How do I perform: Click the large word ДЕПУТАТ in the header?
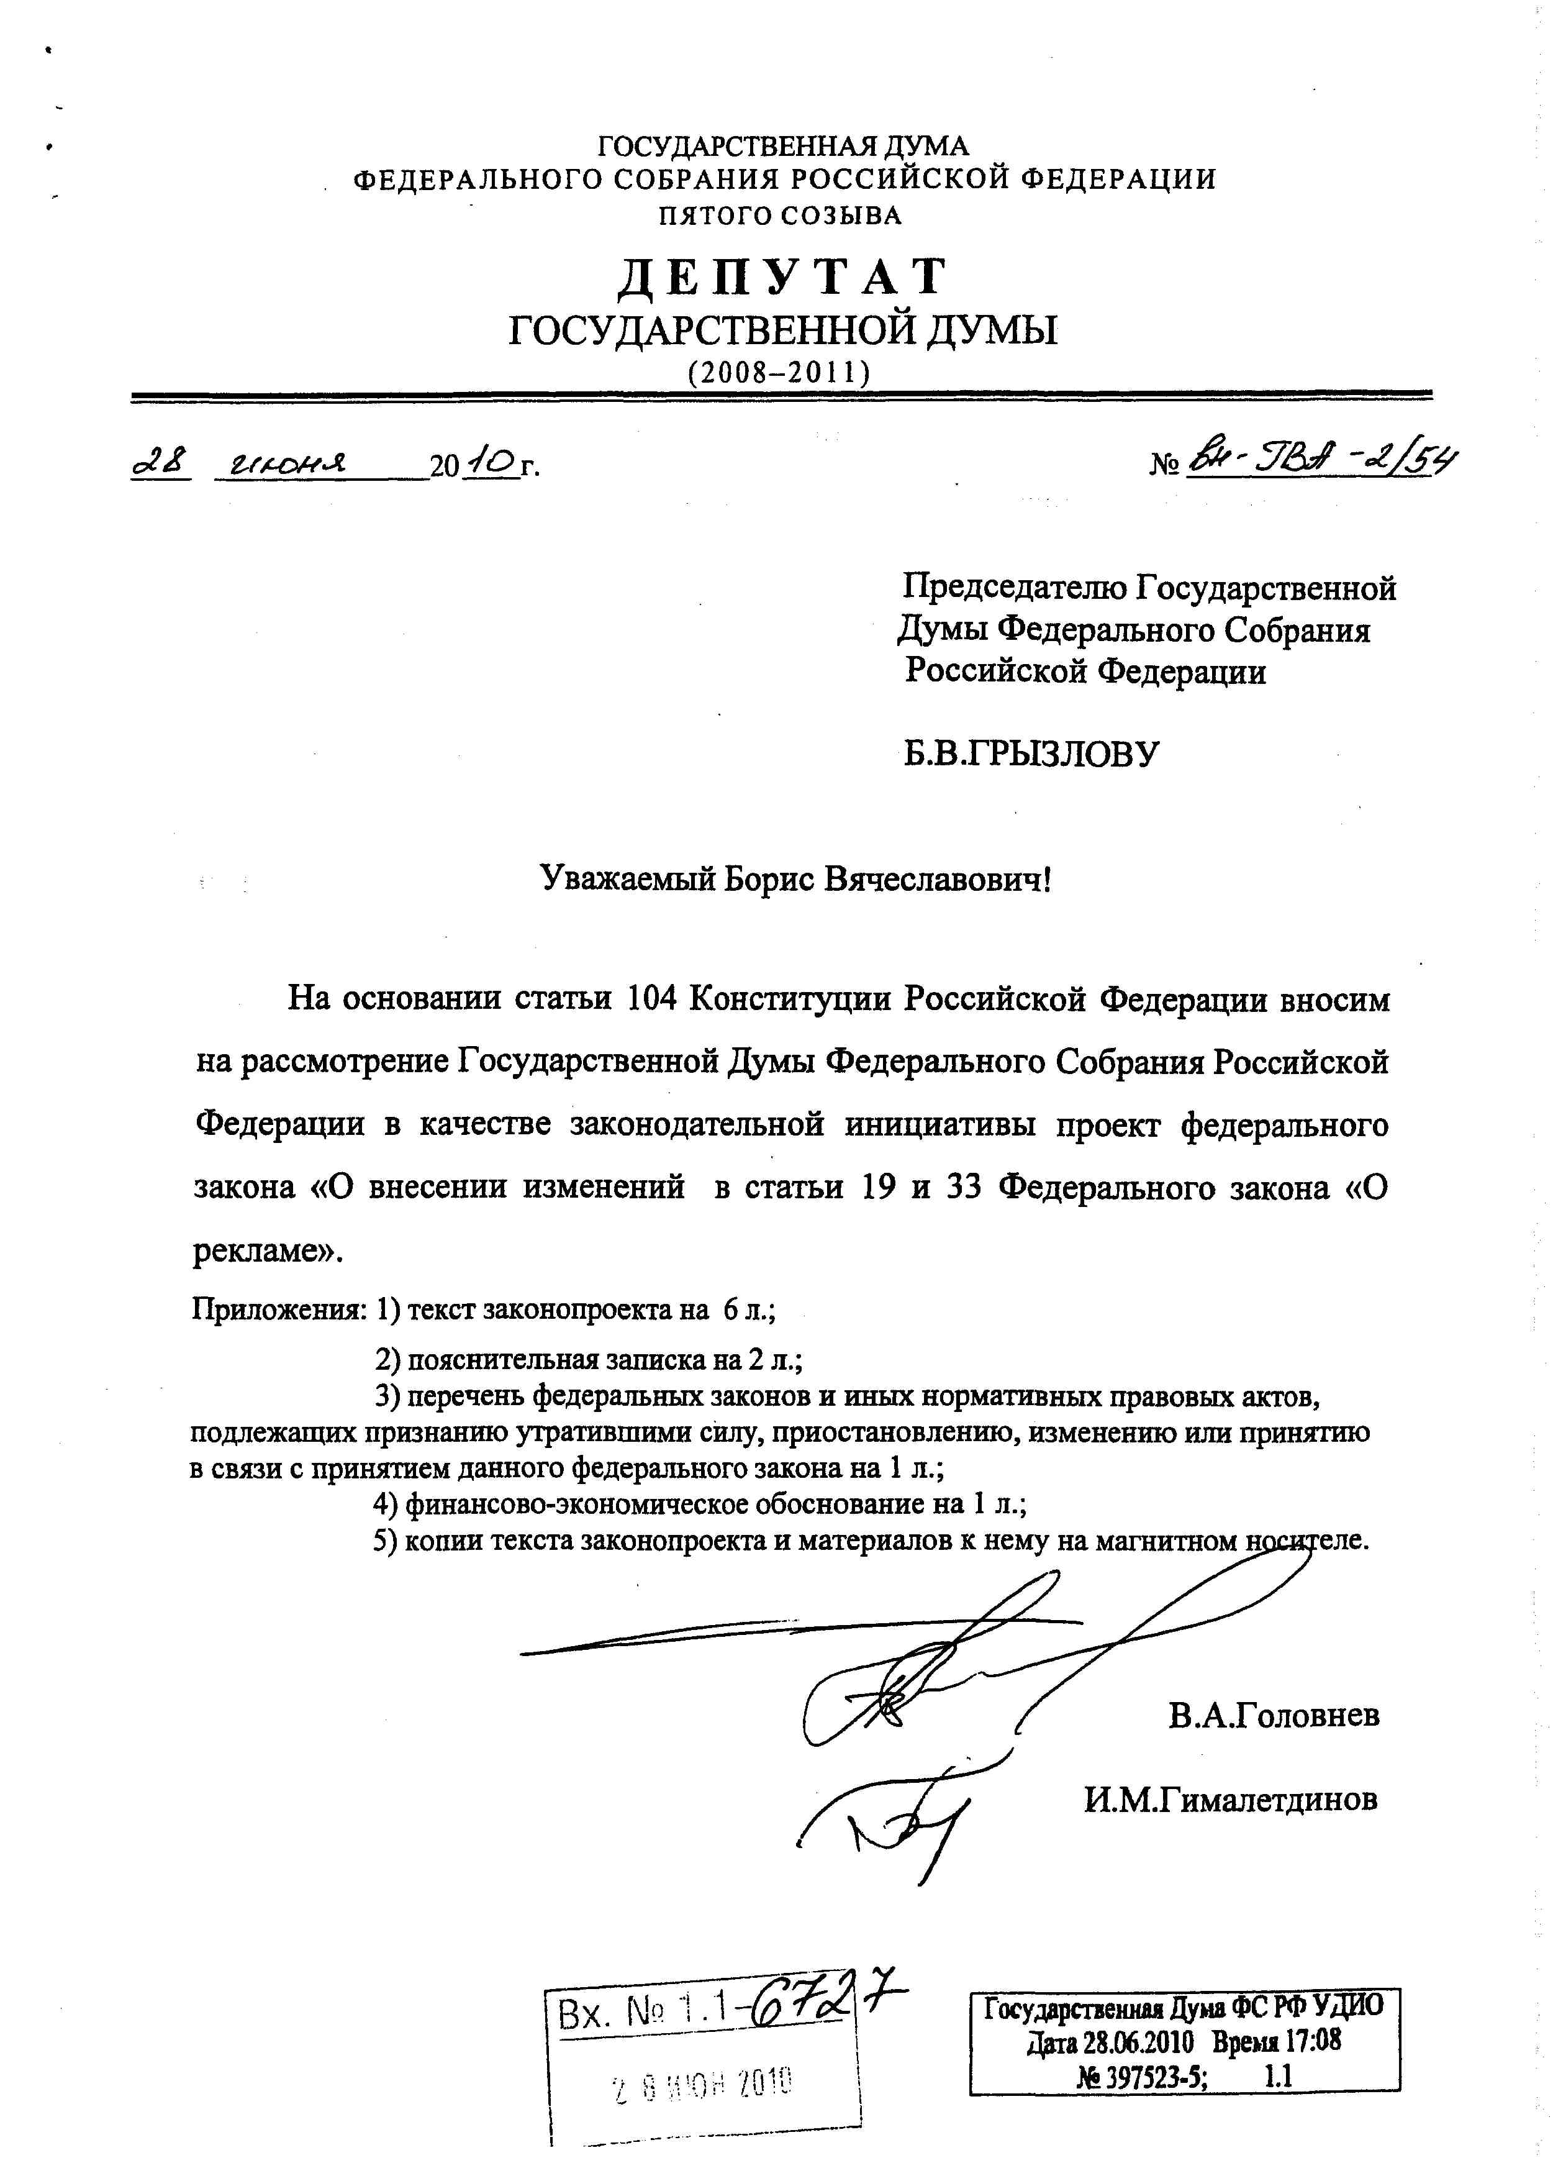click(781, 278)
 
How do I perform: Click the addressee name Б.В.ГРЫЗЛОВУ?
click(1031, 755)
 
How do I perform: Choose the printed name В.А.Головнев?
click(1273, 1715)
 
